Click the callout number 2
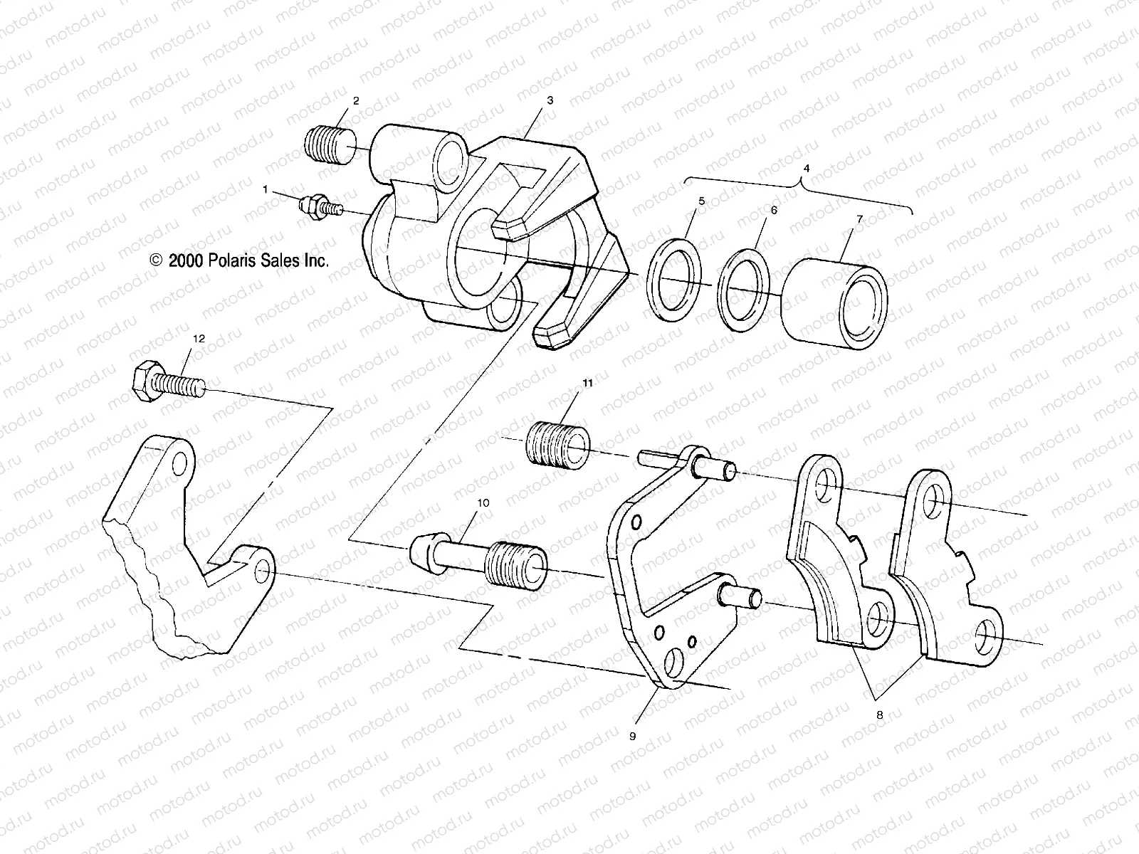(356, 101)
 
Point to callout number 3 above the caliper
(550, 101)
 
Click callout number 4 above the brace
(807, 169)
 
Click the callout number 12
(199, 339)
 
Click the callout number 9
(632, 717)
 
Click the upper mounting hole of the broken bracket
(180, 464)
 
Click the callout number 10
(483, 503)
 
